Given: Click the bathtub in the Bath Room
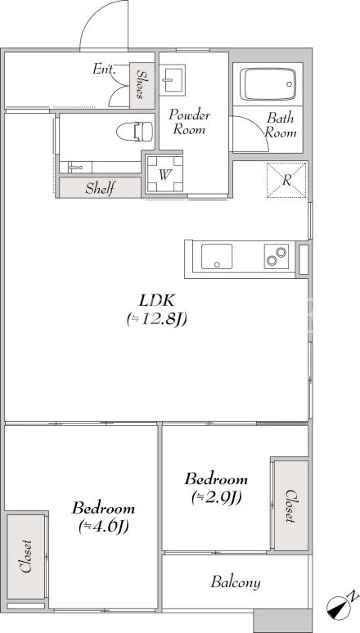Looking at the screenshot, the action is click(268, 84).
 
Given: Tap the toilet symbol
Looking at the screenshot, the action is click(135, 132).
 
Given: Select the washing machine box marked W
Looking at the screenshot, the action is click(164, 174).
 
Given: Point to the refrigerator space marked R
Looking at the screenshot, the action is click(286, 180).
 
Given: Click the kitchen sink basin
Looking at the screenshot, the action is click(217, 256).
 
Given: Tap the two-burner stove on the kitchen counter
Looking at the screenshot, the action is click(277, 256).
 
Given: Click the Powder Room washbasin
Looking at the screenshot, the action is click(172, 79).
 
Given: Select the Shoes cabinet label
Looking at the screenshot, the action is click(141, 84).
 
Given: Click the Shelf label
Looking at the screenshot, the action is click(101, 188).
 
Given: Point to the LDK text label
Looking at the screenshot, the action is click(157, 300).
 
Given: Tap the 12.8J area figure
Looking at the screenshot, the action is click(156, 319).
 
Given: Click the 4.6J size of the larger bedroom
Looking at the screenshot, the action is click(103, 527).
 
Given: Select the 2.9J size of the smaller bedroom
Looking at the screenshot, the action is click(217, 498).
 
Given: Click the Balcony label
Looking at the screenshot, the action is click(236, 582).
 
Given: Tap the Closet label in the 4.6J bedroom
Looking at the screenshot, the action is click(26, 556).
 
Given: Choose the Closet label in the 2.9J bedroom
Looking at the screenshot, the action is click(291, 506).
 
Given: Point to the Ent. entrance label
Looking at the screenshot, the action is click(104, 69).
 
